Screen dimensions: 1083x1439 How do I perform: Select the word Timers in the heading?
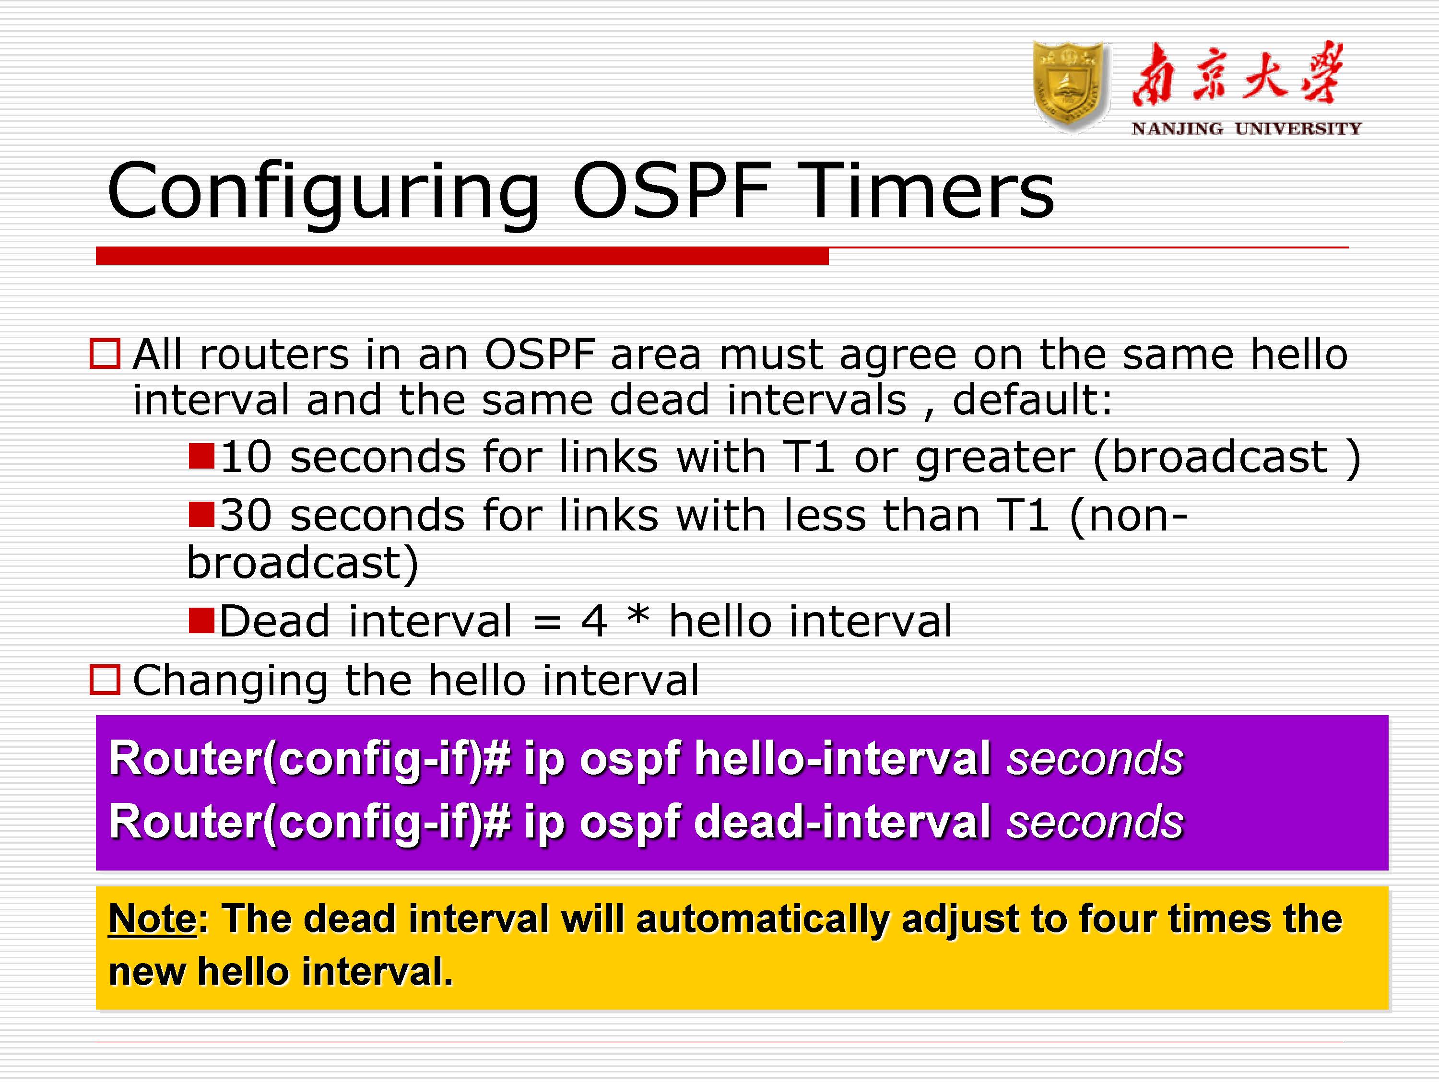click(x=924, y=191)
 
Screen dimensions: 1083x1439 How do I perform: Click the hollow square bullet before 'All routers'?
click(x=105, y=354)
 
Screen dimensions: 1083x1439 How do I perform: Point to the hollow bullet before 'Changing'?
click(x=105, y=681)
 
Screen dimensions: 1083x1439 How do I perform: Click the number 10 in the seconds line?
click(x=245, y=457)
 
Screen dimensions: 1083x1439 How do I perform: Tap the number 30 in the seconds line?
click(x=245, y=515)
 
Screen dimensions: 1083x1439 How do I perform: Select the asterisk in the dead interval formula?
click(x=638, y=615)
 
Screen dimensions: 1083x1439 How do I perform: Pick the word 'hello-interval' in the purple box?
click(x=842, y=759)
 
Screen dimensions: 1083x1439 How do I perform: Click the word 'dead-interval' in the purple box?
click(x=842, y=822)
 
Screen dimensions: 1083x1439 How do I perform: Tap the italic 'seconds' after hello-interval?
click(x=1095, y=759)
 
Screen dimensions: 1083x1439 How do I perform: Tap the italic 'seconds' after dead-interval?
click(x=1095, y=822)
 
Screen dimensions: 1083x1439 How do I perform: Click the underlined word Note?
click(x=152, y=919)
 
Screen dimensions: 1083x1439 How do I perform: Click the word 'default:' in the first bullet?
click(x=1032, y=400)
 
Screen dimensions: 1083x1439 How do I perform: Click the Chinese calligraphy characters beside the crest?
click(x=1236, y=75)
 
